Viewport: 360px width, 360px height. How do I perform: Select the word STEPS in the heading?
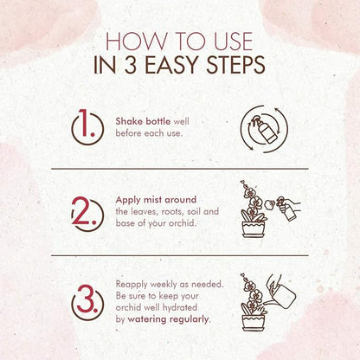[x=235, y=65]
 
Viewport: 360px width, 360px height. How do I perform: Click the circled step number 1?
[x=87, y=127]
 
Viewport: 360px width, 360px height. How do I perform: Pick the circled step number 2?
[x=87, y=215]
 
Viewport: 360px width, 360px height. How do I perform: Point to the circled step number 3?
[x=87, y=303]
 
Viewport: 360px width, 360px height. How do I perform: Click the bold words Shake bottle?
[x=143, y=121]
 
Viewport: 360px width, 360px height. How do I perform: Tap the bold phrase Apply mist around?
[x=156, y=200]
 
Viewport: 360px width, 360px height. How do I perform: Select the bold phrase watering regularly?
[x=168, y=319]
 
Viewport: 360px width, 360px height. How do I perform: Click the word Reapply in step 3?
[x=132, y=285]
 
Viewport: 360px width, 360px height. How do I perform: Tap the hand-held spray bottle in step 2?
[x=286, y=209]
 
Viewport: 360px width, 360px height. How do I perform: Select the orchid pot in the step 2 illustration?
[x=254, y=229]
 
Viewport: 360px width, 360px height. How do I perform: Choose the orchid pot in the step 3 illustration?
[x=254, y=323]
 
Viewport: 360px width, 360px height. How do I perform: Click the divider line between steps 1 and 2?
[x=180, y=169]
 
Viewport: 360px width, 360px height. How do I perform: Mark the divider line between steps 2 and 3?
[x=180, y=255]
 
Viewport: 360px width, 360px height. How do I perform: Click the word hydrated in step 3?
[x=180, y=307]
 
